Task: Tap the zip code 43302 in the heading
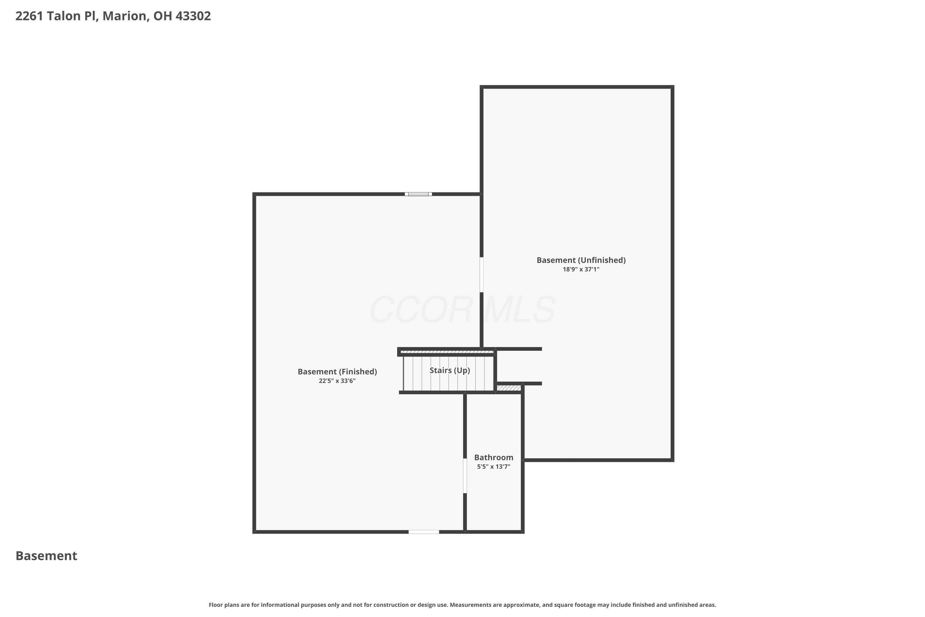193,16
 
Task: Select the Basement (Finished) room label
337,372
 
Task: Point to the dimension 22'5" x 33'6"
337,381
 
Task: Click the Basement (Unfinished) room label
581,260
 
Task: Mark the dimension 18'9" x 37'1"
581,270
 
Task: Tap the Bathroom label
494,457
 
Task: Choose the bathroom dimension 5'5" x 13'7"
494,467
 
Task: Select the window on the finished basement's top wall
418,194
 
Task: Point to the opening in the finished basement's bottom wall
424,532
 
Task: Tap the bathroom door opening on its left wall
465,476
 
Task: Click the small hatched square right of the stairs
509,388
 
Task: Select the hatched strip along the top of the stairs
447,352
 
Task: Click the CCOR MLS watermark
462,310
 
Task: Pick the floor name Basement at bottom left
47,556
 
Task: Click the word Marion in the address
124,16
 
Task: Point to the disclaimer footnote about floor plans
462,605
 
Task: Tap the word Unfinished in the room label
602,260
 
